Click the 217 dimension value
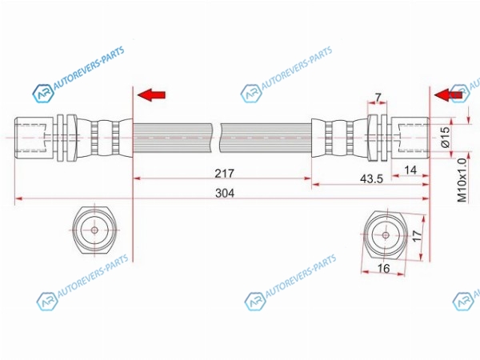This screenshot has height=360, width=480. point(224,174)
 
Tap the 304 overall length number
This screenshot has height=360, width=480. point(225,193)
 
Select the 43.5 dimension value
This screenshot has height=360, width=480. point(371,178)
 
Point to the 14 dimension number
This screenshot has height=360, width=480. point(410,170)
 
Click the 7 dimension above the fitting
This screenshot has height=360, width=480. point(378,98)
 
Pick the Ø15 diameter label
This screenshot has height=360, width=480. point(446,137)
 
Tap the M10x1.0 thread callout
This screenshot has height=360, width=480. point(462,180)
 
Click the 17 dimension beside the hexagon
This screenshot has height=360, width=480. point(417,236)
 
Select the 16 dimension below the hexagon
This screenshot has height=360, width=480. point(383,269)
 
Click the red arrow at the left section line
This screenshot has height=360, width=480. point(151,95)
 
